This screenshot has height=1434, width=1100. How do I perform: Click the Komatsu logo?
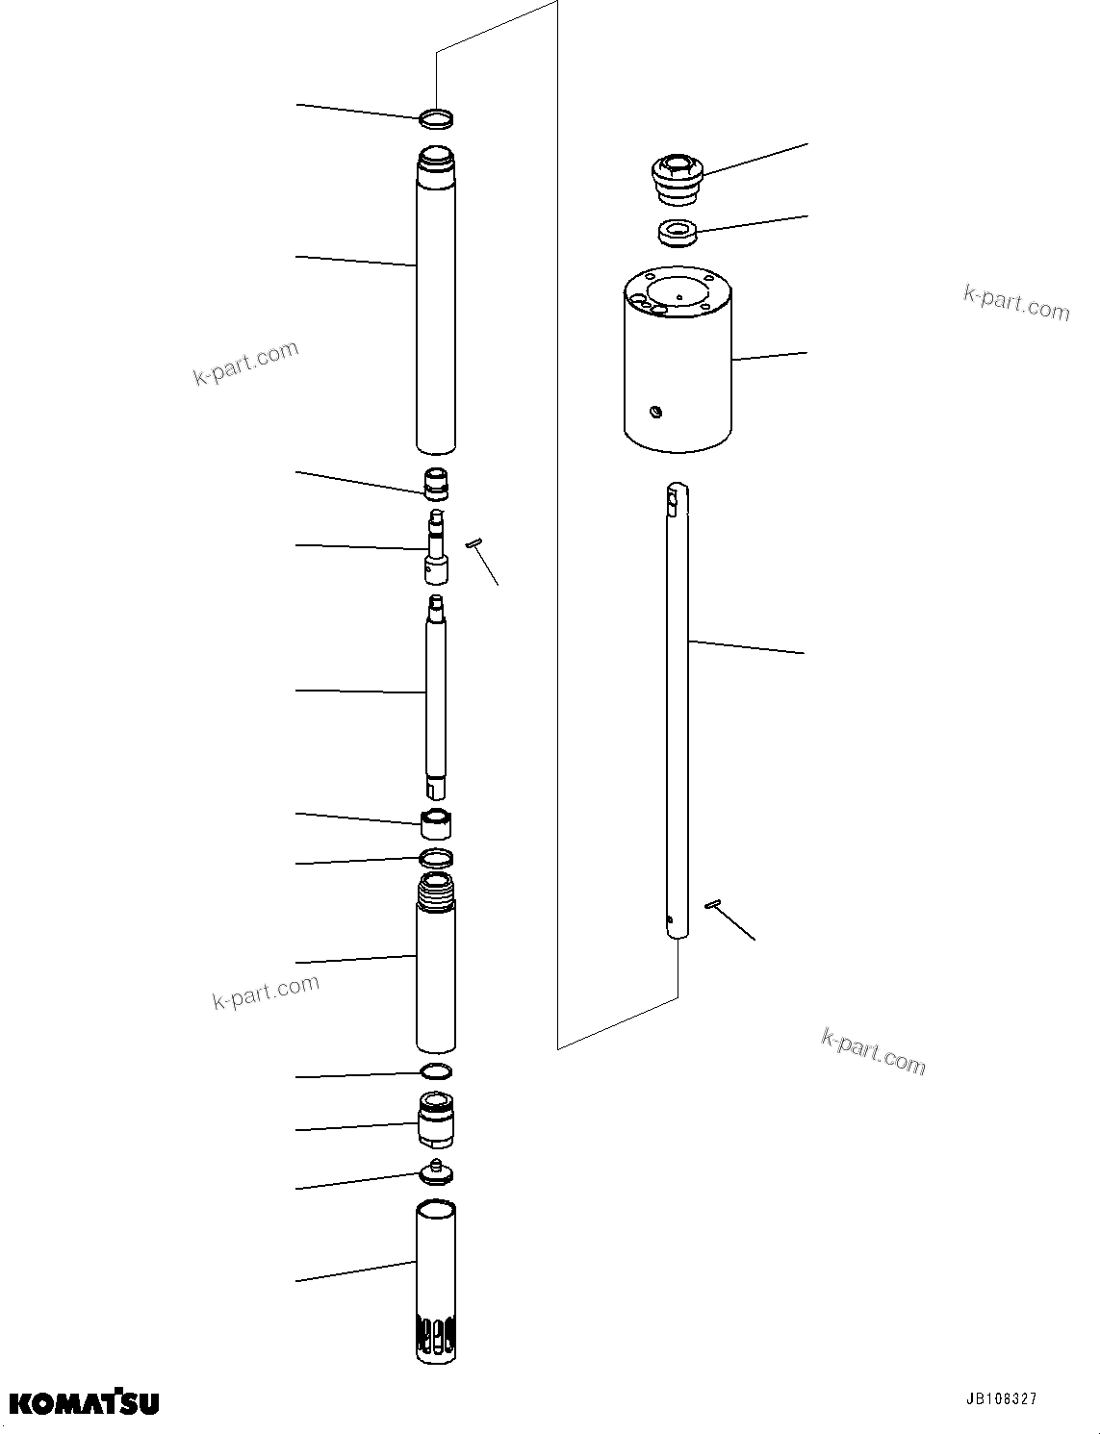tap(85, 1402)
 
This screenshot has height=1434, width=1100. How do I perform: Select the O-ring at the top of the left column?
tap(437, 118)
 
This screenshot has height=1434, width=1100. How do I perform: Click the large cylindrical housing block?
tap(678, 365)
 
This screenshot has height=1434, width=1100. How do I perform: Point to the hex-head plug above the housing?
tap(677, 178)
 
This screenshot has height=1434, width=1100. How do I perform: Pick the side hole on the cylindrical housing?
tap(654, 413)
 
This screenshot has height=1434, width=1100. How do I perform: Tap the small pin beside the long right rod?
tap(713, 902)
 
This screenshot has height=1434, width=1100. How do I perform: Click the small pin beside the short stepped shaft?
tap(473, 545)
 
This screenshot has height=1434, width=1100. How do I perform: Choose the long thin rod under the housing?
tap(678, 712)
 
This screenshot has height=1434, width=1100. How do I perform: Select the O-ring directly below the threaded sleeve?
tap(436, 1071)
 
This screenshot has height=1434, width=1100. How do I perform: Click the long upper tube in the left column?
tap(436, 298)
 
